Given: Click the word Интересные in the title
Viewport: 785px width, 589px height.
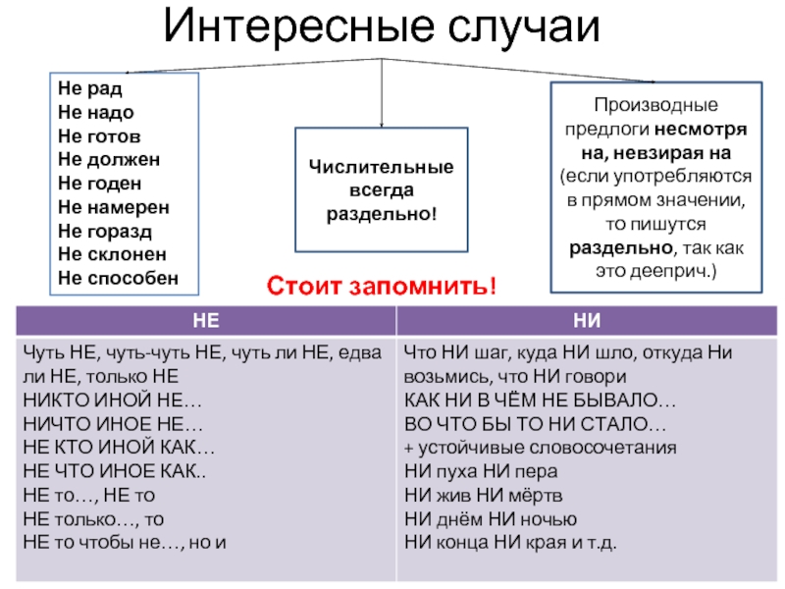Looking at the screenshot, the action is click(x=298, y=26).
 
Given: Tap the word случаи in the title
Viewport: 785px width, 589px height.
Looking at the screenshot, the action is click(x=524, y=28).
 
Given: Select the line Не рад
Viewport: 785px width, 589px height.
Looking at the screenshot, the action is click(x=90, y=88).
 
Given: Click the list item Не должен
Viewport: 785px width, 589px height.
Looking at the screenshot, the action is click(x=109, y=160).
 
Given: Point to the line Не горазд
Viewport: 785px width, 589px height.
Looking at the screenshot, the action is click(x=105, y=231).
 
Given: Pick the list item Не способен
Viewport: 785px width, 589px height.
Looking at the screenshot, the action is click(x=118, y=278).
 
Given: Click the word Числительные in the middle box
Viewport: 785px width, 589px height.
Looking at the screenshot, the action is click(x=382, y=167).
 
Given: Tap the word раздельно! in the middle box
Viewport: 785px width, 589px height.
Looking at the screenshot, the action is click(x=382, y=214).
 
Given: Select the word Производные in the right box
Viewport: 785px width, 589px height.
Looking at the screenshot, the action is click(x=655, y=105).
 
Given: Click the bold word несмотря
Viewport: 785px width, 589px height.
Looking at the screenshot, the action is click(x=701, y=130).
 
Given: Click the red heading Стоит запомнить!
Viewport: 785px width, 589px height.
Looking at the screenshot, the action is click(x=382, y=286).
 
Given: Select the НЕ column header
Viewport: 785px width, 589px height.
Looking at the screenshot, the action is click(x=206, y=321).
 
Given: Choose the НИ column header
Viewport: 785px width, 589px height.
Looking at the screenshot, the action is click(x=587, y=321).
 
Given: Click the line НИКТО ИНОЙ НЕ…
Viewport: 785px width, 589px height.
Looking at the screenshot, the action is click(x=113, y=401).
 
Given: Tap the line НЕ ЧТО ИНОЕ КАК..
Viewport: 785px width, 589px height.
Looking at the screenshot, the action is click(x=115, y=471).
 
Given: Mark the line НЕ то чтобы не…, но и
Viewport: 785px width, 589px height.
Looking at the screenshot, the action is click(x=125, y=543).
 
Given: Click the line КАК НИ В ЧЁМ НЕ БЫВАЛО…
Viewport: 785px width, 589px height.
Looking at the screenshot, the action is click(x=541, y=401).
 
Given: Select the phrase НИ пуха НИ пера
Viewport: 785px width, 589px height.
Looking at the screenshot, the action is click(x=481, y=471).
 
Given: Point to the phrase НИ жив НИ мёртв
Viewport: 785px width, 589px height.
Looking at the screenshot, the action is click(x=483, y=496).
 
